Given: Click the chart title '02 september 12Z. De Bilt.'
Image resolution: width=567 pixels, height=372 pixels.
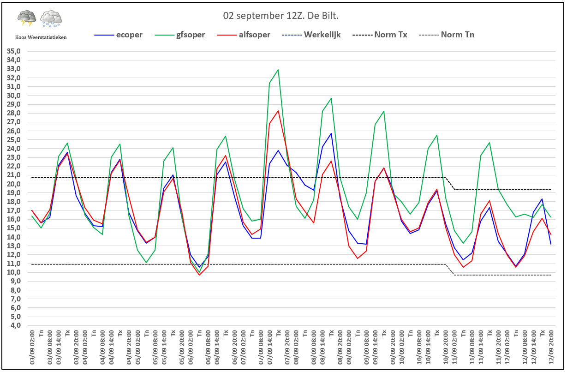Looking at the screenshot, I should point(281,16).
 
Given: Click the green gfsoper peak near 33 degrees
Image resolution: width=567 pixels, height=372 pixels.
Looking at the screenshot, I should point(278,70).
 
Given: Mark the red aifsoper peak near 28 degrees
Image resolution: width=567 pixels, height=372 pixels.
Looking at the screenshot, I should point(278,111).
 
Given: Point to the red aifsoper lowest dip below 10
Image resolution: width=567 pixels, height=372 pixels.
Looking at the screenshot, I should point(199,275).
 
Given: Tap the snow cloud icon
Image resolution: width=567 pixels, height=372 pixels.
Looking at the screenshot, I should point(51,19).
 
